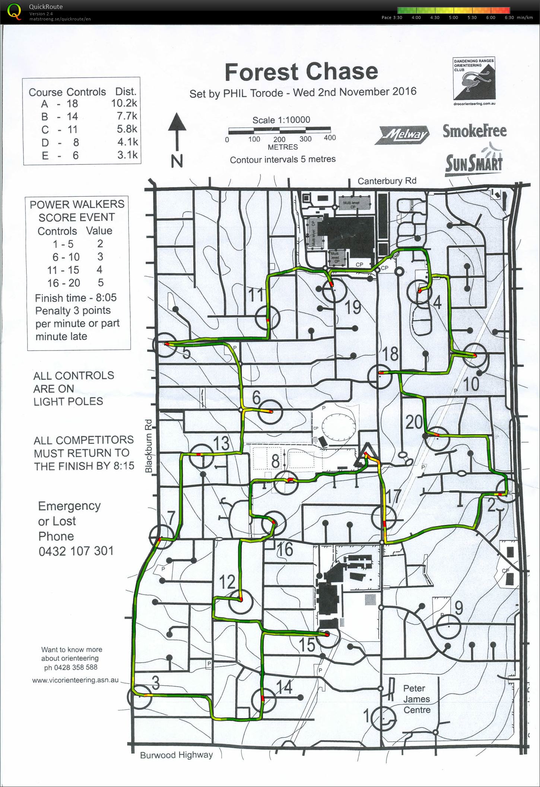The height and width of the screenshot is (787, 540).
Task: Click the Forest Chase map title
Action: click(301, 72)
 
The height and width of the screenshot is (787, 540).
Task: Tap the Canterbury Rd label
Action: click(387, 181)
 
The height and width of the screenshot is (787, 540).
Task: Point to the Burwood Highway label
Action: click(176, 755)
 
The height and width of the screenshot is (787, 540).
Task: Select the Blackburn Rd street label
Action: click(149, 446)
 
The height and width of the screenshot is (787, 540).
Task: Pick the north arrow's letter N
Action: click(177, 161)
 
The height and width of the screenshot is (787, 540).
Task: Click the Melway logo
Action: click(404, 135)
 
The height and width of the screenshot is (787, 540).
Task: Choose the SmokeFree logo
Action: click(474, 131)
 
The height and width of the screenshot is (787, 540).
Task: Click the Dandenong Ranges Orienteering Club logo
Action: click(474, 81)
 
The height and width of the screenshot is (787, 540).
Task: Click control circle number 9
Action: click(448, 626)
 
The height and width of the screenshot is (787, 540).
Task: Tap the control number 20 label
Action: click(414, 422)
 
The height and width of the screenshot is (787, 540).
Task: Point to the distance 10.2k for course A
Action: click(124, 103)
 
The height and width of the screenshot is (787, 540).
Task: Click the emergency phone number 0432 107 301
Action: click(76, 551)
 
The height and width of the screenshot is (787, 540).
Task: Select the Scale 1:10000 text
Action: click(281, 120)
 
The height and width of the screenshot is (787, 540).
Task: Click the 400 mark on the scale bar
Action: click(330, 138)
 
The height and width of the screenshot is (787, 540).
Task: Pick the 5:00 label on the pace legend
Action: click(453, 17)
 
